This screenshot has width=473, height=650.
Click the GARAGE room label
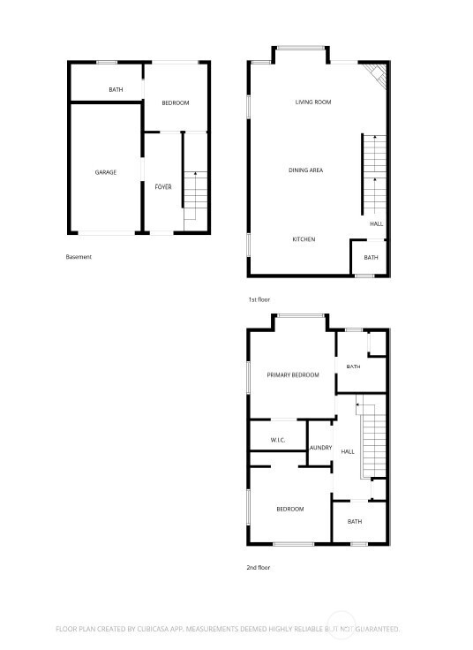(106, 172)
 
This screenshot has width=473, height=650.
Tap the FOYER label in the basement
(163, 187)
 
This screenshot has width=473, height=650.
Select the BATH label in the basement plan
(115, 90)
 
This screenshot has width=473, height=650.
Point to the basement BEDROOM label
(176, 103)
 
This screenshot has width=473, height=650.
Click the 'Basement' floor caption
(79, 257)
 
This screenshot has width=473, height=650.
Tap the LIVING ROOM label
(312, 102)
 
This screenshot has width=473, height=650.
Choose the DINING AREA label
(304, 170)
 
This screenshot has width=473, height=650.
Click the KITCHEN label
(304, 239)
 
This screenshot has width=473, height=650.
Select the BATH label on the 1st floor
(371, 258)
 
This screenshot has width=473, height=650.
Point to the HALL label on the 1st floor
(376, 224)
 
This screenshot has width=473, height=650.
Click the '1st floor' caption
(259, 300)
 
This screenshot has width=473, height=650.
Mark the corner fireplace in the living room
(378, 75)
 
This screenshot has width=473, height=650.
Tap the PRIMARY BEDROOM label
(292, 375)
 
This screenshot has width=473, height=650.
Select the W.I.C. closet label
(277, 439)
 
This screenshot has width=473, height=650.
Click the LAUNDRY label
(320, 448)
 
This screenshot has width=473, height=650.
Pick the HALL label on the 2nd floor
(348, 451)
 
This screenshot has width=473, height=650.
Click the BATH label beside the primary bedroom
(353, 367)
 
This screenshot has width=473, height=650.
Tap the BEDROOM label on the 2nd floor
(289, 509)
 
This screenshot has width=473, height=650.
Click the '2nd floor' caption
(259, 568)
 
